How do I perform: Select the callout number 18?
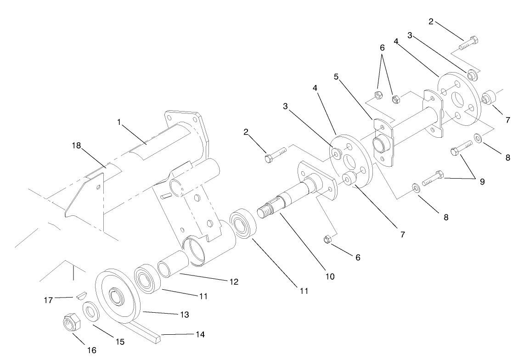point(76,146)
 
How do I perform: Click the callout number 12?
point(234,282)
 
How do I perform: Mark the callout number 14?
point(200,334)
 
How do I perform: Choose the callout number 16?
point(92,350)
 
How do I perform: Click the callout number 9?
point(482,181)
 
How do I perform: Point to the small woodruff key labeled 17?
point(81,294)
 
